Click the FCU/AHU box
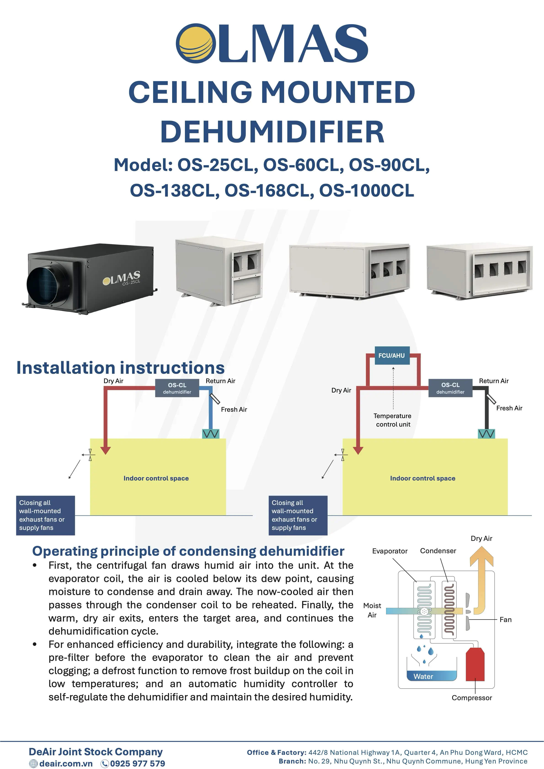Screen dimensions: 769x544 391,355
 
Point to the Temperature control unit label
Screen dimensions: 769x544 393,420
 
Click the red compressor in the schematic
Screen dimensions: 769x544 475,665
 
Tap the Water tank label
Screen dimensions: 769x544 423,676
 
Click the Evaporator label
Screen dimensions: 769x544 389,551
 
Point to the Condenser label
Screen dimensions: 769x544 438,551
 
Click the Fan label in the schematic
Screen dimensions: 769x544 505,620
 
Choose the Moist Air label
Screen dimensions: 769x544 372,610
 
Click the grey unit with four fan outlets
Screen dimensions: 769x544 479,272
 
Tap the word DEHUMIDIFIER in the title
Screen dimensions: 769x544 272,132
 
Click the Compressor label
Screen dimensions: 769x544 472,698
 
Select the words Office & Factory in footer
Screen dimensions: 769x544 276,752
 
